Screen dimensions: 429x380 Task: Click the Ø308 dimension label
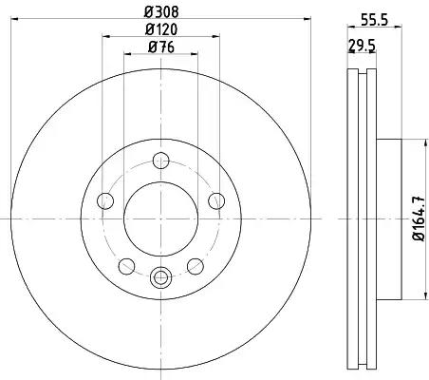tap(161, 12)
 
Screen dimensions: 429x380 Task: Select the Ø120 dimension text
tap(161, 29)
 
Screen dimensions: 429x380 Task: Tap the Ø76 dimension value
tap(161, 47)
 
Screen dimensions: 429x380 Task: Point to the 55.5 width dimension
tap(374, 21)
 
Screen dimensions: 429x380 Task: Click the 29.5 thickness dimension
tap(362, 46)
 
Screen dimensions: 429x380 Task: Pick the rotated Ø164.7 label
tap(419, 218)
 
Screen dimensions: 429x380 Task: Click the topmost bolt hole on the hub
tap(161, 161)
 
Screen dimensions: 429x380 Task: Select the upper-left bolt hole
tap(105, 200)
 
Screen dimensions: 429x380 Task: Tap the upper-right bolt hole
tap(216, 200)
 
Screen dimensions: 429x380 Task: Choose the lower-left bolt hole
tap(126, 266)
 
